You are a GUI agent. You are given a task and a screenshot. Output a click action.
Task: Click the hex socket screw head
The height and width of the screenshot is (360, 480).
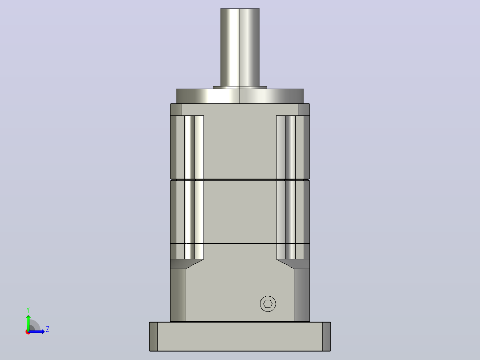pyautogui.click(x=268, y=303)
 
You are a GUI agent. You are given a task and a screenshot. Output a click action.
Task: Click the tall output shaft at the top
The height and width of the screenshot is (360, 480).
pyautogui.click(x=240, y=48)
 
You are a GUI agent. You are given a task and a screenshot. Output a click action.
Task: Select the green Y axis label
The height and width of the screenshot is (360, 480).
pyautogui.click(x=28, y=310)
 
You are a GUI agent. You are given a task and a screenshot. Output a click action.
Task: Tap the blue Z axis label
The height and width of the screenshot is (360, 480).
pyautogui.click(x=48, y=329)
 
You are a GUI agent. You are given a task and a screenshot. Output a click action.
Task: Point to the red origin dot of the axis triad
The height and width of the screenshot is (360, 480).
pyautogui.click(x=28, y=332)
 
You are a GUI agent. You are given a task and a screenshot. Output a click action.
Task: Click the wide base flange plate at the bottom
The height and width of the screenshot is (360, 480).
pyautogui.click(x=240, y=336)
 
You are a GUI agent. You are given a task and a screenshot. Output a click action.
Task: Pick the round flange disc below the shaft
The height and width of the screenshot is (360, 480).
pyautogui.click(x=240, y=96)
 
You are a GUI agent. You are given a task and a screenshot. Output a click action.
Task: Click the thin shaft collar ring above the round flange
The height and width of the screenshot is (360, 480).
pyautogui.click(x=240, y=87)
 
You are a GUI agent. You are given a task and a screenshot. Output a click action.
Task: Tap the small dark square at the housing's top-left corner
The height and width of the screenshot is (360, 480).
pyautogui.click(x=176, y=110)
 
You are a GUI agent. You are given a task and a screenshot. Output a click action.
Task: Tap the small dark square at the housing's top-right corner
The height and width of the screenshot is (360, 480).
pyautogui.click(x=304, y=110)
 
